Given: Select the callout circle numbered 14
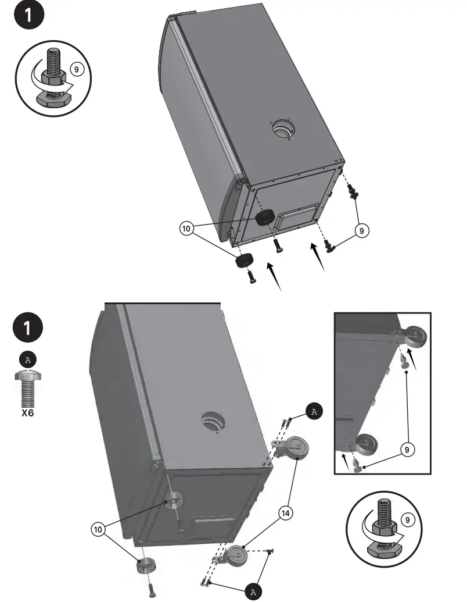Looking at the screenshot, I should [286, 512].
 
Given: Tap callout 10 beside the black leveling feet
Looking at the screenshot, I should [186, 229].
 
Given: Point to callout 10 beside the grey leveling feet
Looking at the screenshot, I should [98, 529].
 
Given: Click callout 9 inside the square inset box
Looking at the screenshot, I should [407, 448].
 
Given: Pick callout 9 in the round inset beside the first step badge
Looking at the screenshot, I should [76, 69].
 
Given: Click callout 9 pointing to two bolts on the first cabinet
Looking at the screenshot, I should [361, 231].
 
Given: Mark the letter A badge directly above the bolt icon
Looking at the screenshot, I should [27, 359].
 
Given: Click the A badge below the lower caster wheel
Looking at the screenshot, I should [252, 592].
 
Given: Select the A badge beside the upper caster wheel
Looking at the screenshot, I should [314, 412].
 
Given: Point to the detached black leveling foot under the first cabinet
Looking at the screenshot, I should [245, 260].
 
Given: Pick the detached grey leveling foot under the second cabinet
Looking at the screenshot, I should [147, 565].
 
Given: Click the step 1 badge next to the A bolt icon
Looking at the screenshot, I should [27, 327].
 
